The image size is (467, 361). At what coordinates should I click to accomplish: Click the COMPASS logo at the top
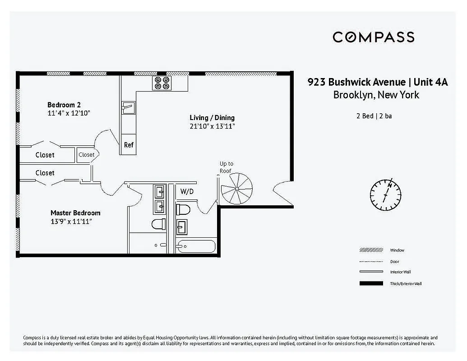coord(373,37)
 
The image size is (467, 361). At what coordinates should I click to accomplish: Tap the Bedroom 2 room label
coord(64,105)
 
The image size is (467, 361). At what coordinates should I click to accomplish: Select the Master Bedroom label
coord(75,213)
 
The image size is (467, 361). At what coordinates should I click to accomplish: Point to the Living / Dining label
coord(212,118)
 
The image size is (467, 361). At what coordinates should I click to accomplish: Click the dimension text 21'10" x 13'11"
coord(212,126)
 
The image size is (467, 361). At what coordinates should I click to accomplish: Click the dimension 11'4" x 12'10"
coord(69,113)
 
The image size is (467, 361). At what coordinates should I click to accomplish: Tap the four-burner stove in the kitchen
coord(162,83)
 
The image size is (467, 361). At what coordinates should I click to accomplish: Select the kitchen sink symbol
coord(128,107)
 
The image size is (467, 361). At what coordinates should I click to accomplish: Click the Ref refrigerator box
coord(129,145)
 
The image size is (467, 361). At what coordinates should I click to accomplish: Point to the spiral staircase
coord(236,189)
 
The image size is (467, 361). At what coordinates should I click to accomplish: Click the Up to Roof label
coord(226,167)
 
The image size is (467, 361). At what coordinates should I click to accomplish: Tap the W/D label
coord(187,191)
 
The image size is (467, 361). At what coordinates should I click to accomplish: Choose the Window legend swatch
coord(368,250)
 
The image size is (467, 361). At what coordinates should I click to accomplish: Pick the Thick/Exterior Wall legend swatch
coord(368,283)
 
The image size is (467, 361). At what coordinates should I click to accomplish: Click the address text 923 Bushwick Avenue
coord(356,82)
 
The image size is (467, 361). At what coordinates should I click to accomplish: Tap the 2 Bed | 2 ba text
coord(374,116)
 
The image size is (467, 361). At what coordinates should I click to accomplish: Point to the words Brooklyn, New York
coord(376,95)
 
